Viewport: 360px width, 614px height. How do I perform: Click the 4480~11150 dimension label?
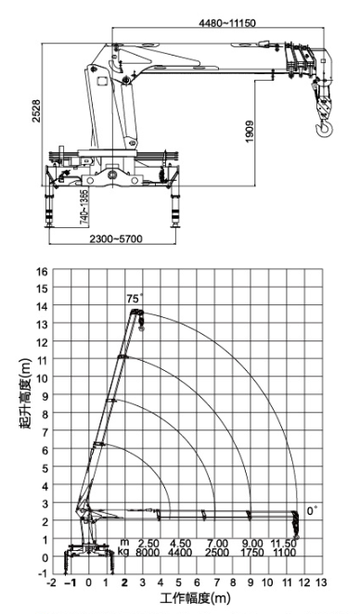click(x=227, y=23)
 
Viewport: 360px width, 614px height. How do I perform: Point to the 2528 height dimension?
click(x=36, y=111)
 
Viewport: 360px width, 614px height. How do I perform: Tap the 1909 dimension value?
click(x=250, y=132)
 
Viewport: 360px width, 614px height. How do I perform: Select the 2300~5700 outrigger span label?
click(x=116, y=238)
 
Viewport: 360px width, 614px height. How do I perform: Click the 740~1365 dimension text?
click(x=84, y=207)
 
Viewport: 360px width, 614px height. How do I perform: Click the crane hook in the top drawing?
click(x=325, y=128)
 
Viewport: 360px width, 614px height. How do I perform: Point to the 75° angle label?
click(x=135, y=300)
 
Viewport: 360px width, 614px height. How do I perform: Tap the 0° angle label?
click(x=312, y=511)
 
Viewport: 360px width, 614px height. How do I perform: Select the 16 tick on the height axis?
click(x=42, y=271)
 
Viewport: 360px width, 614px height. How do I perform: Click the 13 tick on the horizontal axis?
click(x=321, y=582)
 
